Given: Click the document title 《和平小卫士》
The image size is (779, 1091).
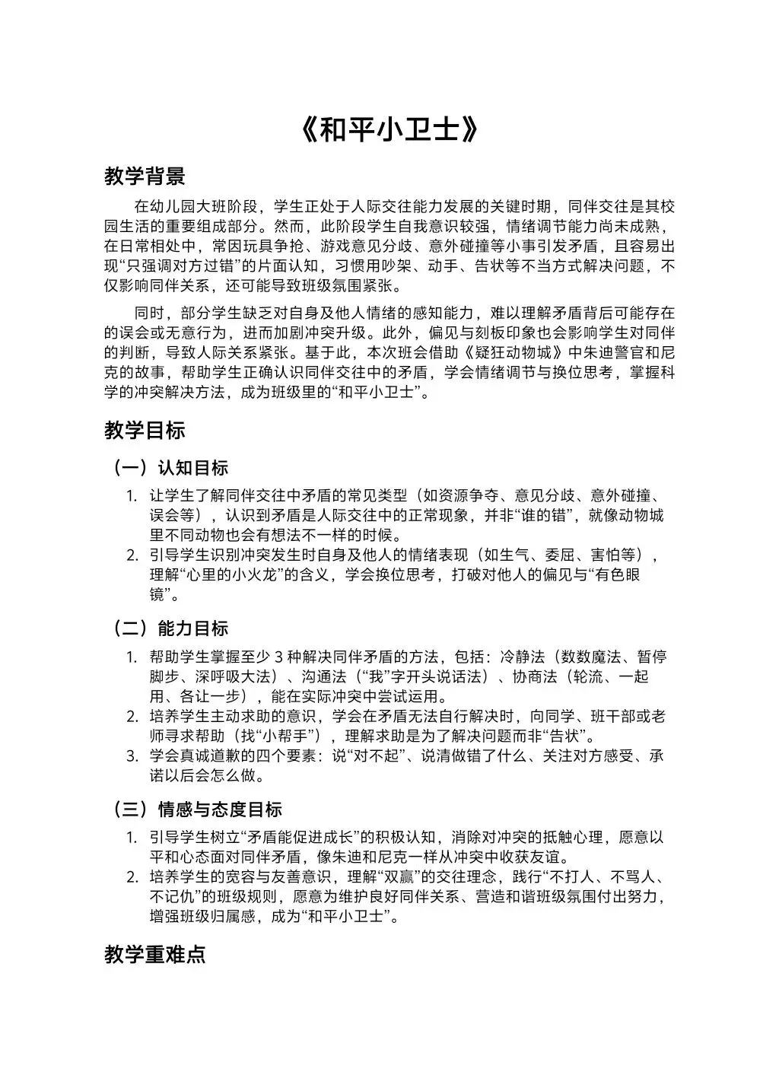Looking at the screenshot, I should (389, 130).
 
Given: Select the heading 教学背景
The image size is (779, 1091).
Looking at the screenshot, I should (145, 177).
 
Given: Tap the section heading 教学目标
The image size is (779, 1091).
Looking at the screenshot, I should (145, 431).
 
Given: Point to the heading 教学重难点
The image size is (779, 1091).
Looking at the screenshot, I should (155, 956).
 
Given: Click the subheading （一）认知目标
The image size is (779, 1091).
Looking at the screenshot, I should (170, 467).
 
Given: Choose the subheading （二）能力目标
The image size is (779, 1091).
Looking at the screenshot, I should (170, 628).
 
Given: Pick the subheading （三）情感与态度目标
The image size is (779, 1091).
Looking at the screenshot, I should (198, 810).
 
